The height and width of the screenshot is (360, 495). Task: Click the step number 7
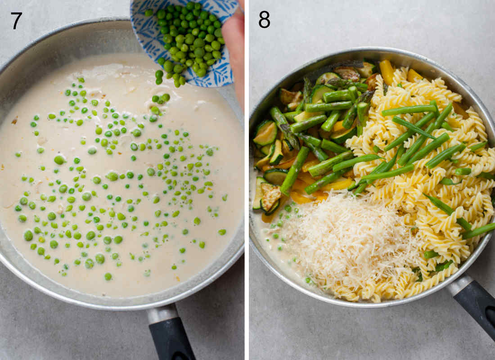click(x=16, y=21)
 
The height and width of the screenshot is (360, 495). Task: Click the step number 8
click(x=264, y=20)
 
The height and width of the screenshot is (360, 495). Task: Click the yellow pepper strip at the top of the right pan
click(x=387, y=72)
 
